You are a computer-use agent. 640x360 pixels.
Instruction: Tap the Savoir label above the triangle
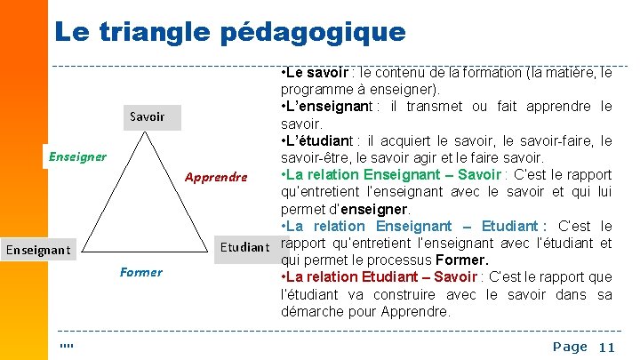pos(147,116)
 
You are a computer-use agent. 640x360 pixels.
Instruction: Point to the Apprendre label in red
pos(216,176)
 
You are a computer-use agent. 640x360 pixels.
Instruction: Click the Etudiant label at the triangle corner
pos(244,246)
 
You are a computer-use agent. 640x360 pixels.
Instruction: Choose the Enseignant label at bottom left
pos(38,250)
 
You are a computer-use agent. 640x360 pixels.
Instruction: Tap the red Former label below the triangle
pos(140,272)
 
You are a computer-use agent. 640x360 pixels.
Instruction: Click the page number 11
pos(607,348)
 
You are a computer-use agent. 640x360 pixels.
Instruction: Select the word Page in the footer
pos(570,347)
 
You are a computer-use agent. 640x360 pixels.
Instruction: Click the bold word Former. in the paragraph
pos(462,260)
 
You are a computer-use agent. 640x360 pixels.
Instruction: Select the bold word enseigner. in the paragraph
pos(380,210)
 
